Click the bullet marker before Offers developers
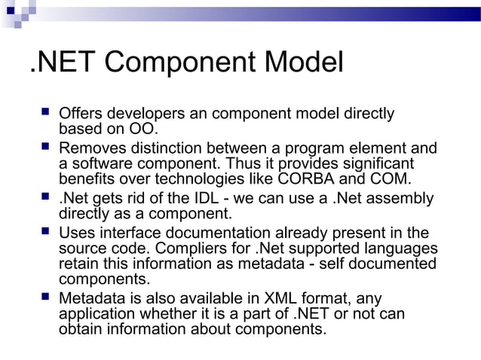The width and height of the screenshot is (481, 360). point(44,113)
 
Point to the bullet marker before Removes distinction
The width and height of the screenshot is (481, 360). point(44,148)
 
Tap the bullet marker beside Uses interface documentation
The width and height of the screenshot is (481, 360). point(44,232)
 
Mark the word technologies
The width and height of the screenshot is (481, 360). point(199,179)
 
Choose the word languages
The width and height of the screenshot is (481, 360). point(403,249)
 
